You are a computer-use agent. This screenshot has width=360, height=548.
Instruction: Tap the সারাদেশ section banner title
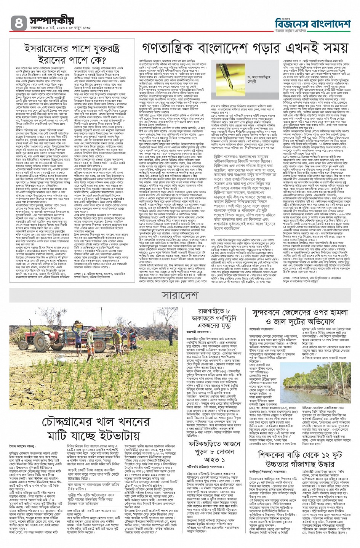[179, 295]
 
